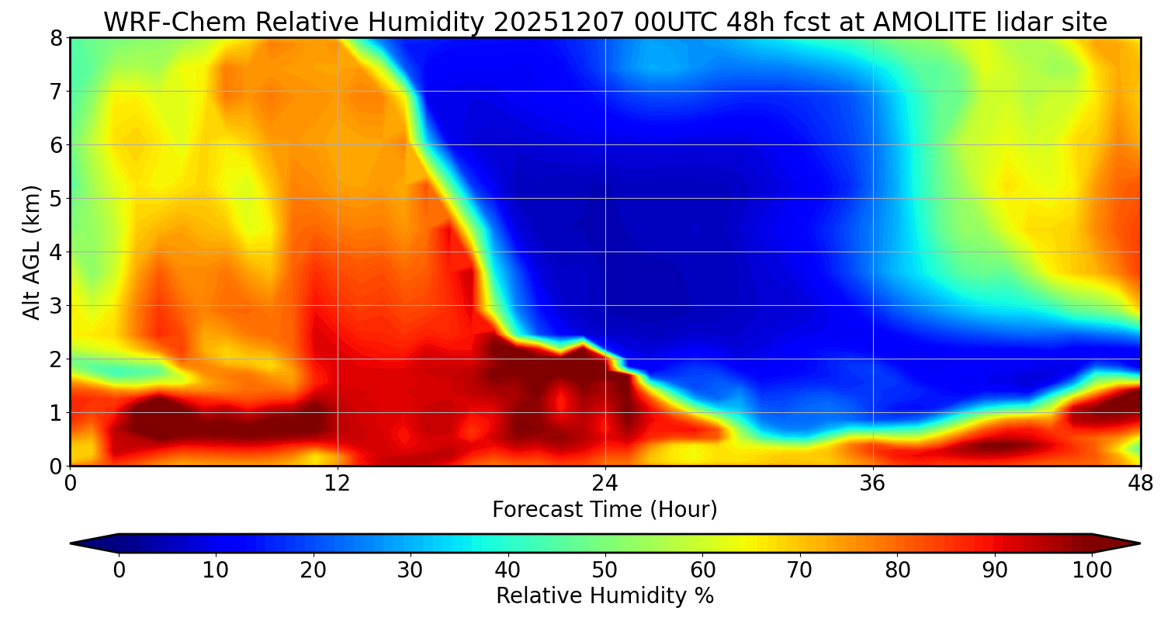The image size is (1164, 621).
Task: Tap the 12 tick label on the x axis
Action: pos(338,484)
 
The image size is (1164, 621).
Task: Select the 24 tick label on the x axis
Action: pos(605,484)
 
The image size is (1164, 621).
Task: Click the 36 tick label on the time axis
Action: pos(873,484)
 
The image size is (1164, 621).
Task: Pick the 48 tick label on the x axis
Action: pos(1140,484)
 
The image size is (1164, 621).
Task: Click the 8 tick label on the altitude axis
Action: pos(57,38)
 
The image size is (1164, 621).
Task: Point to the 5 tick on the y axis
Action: pos(57,199)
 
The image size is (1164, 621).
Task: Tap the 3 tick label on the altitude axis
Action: pos(57,306)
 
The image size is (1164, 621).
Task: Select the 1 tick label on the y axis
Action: pos(57,413)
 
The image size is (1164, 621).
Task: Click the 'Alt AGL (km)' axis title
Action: pos(32,252)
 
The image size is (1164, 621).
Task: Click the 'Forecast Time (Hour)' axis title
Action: pos(605,510)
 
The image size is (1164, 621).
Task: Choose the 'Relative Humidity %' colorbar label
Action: pos(605,596)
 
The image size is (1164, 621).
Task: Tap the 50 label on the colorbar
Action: pos(605,571)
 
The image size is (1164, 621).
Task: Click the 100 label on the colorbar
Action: pos(1092,571)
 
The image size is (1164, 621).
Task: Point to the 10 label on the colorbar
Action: pos(216,571)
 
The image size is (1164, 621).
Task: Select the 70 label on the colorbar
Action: pos(800,571)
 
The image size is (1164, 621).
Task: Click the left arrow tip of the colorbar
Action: pos(72,543)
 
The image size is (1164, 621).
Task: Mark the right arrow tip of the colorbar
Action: pos(1138,543)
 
